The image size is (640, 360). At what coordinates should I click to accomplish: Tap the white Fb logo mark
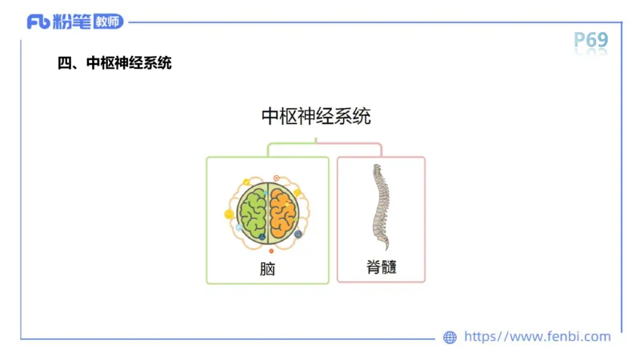(38, 22)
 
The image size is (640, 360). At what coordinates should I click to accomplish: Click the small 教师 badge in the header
(108, 22)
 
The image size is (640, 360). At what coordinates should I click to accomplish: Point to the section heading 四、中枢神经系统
(115, 62)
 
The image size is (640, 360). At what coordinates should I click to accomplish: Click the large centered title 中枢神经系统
(316, 116)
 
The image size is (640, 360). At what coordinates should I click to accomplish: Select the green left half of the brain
(254, 213)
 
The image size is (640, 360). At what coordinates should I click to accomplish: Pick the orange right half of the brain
(283, 213)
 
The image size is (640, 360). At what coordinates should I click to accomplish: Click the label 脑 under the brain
(267, 269)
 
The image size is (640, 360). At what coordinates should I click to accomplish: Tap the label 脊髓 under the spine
(381, 267)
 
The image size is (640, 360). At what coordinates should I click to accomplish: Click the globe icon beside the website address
(450, 338)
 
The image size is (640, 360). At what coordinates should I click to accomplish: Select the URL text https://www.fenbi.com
(537, 337)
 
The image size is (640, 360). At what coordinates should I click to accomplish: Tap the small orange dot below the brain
(271, 251)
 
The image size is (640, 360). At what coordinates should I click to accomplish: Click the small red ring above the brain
(277, 178)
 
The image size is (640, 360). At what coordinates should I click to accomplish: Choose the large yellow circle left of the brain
(230, 214)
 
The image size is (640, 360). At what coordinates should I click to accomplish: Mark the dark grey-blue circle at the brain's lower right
(298, 234)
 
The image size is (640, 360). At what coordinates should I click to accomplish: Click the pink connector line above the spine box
(352, 145)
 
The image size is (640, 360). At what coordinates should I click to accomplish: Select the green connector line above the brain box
(288, 145)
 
